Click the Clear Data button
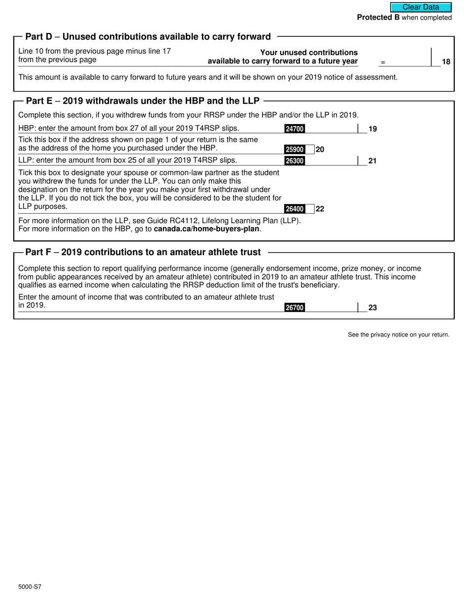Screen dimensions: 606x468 click(421, 7)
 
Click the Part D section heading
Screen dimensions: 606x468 click(148, 36)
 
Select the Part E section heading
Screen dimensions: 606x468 click(142, 101)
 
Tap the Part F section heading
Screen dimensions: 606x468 click(143, 252)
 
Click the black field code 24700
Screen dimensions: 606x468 click(295, 129)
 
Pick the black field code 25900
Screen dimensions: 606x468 click(295, 149)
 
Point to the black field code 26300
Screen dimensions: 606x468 click(295, 161)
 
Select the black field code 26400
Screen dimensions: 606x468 click(295, 209)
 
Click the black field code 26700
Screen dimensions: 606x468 click(295, 308)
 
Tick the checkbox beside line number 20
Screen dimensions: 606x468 click(310, 149)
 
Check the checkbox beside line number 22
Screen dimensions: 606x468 click(310, 209)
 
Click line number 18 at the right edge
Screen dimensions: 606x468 click(446, 62)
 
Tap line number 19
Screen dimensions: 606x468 click(372, 129)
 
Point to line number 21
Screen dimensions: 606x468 click(372, 161)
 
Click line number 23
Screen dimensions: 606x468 click(372, 308)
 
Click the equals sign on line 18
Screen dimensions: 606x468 click(383, 62)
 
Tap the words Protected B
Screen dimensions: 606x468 click(378, 18)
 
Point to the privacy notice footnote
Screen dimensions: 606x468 click(399, 335)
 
